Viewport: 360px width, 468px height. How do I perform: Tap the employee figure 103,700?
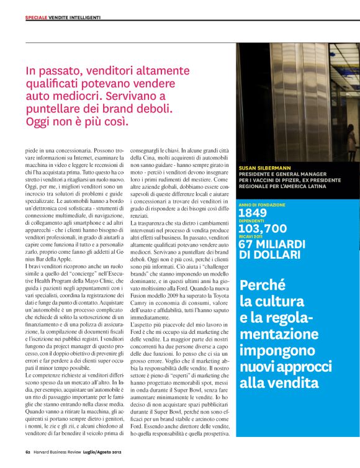click(x=263, y=228)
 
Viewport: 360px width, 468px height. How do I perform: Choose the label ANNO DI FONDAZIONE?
click(x=262, y=204)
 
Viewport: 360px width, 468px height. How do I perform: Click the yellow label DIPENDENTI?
click(x=251, y=220)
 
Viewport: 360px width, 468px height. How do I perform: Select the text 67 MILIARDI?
click(x=272, y=244)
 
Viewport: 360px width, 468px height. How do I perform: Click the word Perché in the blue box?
click(x=262, y=286)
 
